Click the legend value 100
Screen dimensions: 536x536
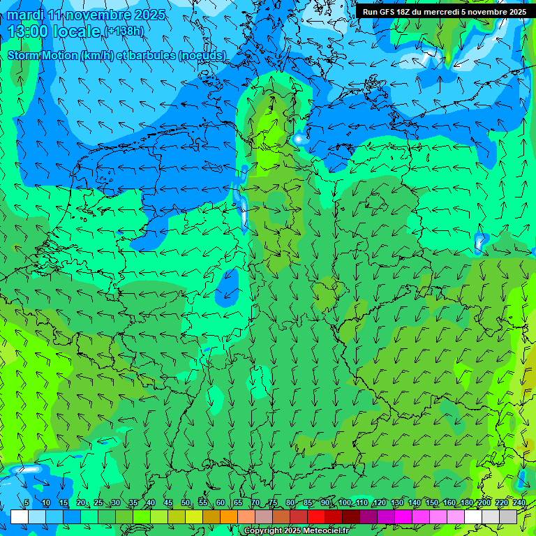(x=345, y=502)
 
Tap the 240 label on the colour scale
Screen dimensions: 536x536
(x=519, y=502)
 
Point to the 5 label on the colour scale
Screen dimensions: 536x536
(x=27, y=502)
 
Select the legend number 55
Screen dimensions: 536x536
(x=203, y=502)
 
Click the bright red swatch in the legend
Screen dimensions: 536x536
(x=316, y=516)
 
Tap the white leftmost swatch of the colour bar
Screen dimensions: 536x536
(x=19, y=516)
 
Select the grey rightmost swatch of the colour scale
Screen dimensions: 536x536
(x=508, y=516)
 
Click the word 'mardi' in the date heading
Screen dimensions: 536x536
(x=25, y=15)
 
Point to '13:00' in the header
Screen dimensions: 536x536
(x=27, y=31)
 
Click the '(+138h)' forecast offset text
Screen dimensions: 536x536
(x=124, y=31)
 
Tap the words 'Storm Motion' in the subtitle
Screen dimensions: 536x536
(x=43, y=55)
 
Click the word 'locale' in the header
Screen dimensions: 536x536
(x=80, y=31)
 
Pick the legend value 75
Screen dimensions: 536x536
(x=273, y=502)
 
